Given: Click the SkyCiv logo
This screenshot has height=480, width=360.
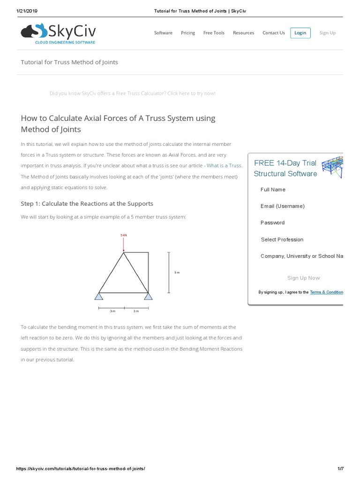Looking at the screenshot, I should [x=58, y=33].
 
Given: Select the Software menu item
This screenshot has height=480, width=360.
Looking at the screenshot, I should [x=163, y=33].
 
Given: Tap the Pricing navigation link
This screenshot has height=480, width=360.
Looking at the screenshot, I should [x=188, y=33].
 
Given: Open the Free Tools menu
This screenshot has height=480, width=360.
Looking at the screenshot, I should [x=214, y=33].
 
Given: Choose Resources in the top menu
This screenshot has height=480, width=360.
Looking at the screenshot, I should [x=243, y=33].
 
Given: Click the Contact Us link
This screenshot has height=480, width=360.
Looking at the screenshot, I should [x=273, y=33].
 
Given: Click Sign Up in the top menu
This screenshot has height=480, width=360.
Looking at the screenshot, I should [x=327, y=33].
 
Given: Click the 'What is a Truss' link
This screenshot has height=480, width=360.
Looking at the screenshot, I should [x=224, y=165].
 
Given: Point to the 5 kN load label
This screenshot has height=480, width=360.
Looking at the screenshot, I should [x=124, y=235].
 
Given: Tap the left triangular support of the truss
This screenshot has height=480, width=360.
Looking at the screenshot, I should [x=99, y=296].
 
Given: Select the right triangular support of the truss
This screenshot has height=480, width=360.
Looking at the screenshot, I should [x=149, y=296].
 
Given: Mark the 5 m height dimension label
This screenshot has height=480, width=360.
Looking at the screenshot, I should [x=177, y=272].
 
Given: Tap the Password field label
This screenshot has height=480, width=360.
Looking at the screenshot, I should [x=272, y=223].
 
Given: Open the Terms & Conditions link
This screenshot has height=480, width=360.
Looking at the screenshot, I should [x=327, y=292].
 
